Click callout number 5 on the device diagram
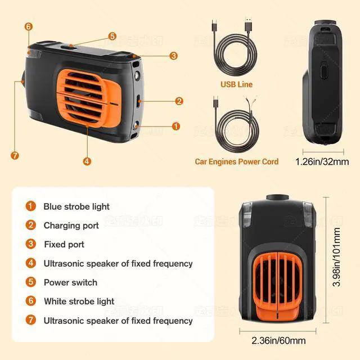pos(112,36)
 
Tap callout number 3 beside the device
pos(173,56)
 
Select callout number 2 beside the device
pos(179,101)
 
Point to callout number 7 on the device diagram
pos(15,155)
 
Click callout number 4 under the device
pos(87,161)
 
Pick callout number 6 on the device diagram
pos(29,26)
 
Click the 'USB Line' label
pos(236,84)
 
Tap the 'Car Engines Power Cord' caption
pos(236,161)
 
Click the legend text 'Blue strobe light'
pos(76,206)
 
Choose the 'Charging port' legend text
pos(71,226)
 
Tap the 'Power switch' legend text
pos(70,282)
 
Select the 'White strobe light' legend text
pos(79,301)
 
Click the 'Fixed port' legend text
pos(64,245)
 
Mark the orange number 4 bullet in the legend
pos(31,263)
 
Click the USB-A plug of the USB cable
pos(248,27)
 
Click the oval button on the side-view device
pos(324,73)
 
